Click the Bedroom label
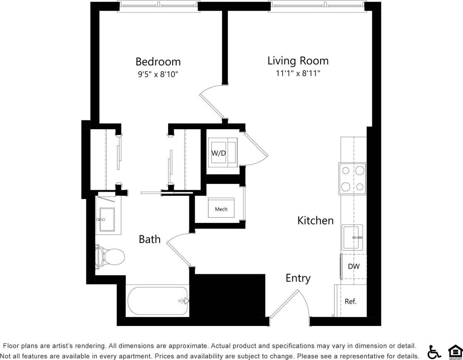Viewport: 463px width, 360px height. click(158, 62)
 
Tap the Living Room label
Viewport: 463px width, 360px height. click(298, 61)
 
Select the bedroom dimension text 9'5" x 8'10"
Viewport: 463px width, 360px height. click(158, 75)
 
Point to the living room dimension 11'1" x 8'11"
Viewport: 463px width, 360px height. click(298, 73)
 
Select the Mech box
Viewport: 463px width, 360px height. click(221, 209)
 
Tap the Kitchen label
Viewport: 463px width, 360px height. click(315, 220)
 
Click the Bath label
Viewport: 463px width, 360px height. click(149, 239)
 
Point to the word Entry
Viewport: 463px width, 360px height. click(298, 278)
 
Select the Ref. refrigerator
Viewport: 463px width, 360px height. click(350, 301)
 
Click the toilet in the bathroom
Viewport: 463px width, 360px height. click(110, 256)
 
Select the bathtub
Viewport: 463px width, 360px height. click(157, 301)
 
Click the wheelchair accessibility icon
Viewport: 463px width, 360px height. click(434, 352)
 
